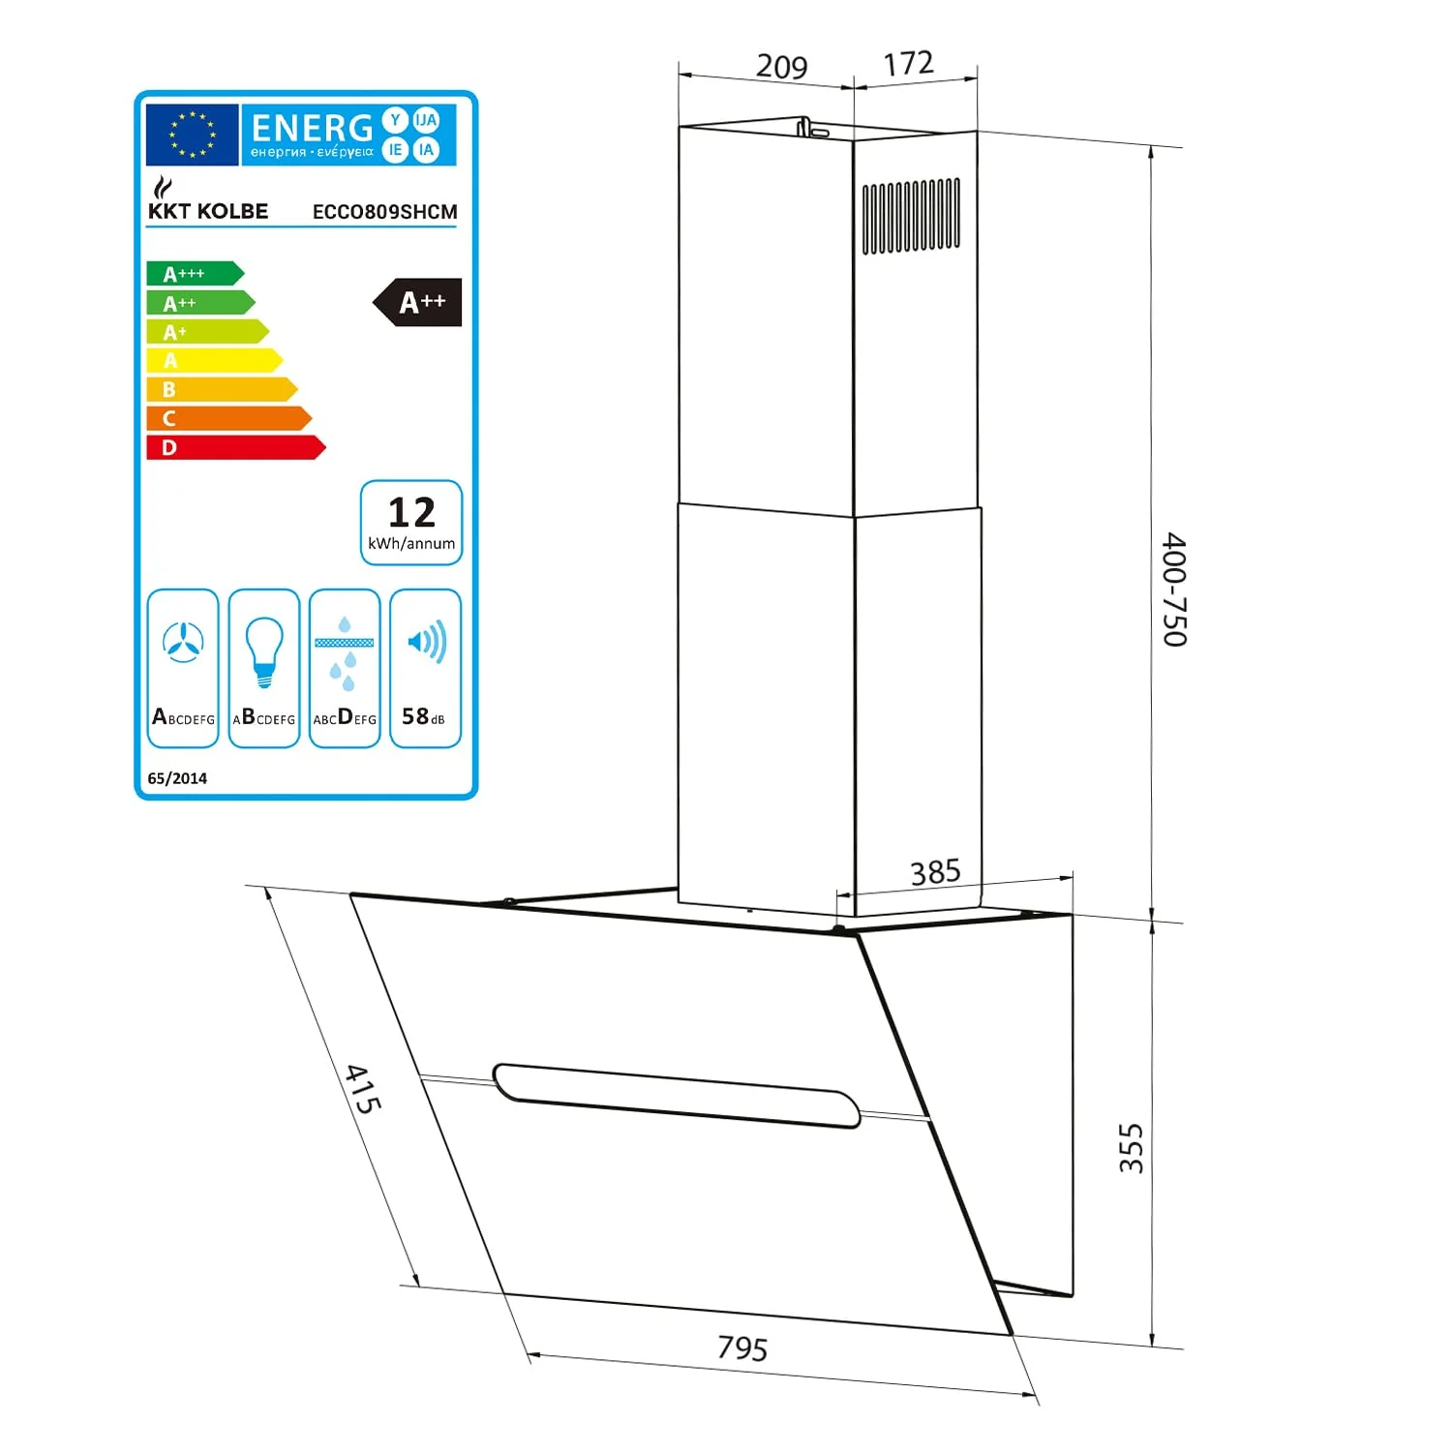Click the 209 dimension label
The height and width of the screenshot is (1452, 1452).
point(781,66)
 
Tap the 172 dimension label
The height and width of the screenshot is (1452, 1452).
point(908,64)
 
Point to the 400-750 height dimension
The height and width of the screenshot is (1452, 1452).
point(1174,589)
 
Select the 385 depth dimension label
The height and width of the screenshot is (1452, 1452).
point(935,872)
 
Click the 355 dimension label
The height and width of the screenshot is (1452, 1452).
point(1131,1149)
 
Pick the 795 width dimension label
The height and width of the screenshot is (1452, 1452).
point(742,1347)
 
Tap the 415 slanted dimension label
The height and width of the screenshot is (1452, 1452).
point(364,1089)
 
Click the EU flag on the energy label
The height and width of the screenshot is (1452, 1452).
point(192,135)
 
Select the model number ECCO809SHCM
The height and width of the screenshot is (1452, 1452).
point(384,212)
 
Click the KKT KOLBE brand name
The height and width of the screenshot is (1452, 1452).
point(208,211)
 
